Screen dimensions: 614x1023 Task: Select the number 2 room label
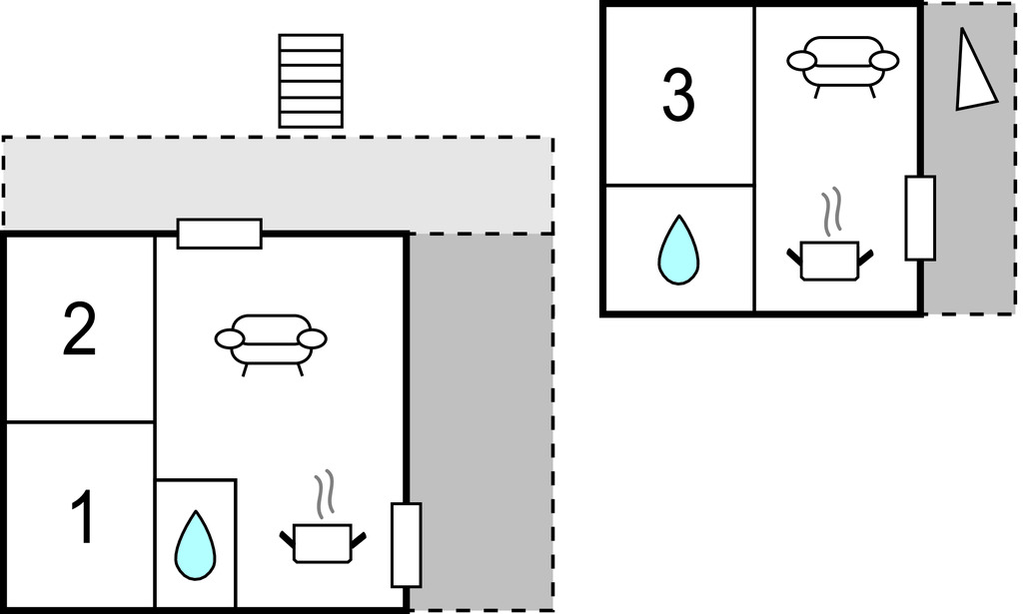point(80,331)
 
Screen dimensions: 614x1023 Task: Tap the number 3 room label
point(678,96)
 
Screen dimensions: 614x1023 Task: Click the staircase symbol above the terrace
point(311,81)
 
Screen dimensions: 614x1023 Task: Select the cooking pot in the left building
point(322,542)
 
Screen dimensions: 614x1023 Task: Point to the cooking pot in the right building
point(829,260)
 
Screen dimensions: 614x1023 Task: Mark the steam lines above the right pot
point(831,213)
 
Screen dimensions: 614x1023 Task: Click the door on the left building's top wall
point(220,234)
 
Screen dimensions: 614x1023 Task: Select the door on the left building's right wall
point(406,544)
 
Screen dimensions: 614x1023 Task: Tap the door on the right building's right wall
point(920,218)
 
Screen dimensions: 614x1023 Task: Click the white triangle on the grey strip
point(972,72)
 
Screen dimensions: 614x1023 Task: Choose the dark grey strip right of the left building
point(481,419)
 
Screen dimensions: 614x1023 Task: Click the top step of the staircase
point(311,42)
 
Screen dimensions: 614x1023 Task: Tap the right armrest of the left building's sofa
point(313,338)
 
